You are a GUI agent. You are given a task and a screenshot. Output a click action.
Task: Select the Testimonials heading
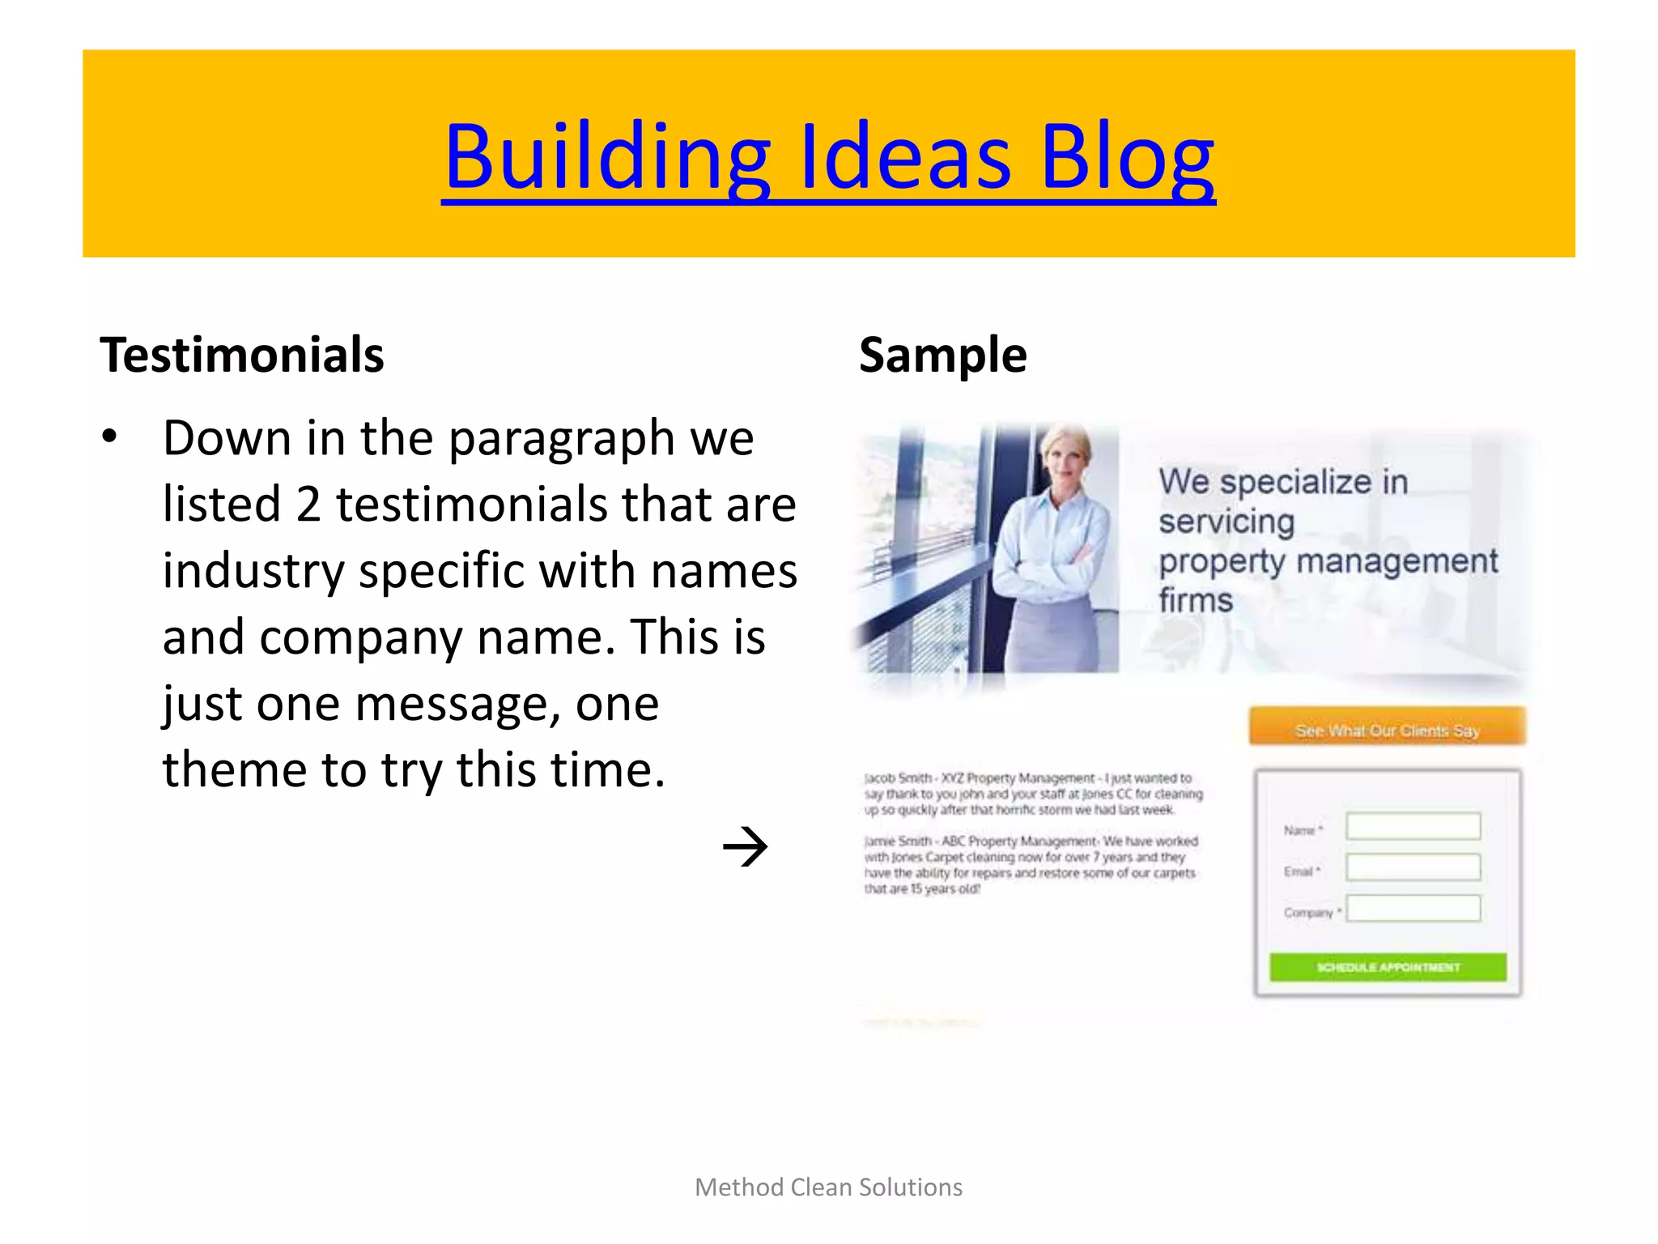click(x=241, y=355)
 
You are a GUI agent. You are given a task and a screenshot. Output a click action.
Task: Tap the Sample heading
click(x=942, y=355)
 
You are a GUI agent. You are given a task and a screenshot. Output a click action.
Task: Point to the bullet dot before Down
click(x=109, y=438)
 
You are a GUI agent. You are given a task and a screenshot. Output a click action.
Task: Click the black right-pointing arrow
click(x=745, y=847)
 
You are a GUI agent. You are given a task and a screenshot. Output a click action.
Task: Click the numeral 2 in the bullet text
click(x=308, y=505)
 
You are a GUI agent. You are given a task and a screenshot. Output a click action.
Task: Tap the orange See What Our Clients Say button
click(x=1387, y=726)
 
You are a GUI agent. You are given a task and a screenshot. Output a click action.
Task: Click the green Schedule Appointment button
click(x=1388, y=967)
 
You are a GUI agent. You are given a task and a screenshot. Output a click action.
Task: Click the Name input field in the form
click(x=1413, y=826)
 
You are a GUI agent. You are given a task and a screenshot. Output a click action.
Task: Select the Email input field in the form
click(x=1413, y=867)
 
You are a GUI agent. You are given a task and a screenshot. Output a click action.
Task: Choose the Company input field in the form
click(x=1413, y=909)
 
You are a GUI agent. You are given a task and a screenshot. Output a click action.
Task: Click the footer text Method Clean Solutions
click(x=828, y=1187)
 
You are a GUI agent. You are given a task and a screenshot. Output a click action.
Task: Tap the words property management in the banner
click(x=1328, y=560)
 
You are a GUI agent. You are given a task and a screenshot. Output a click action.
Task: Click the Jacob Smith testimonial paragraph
click(x=1032, y=794)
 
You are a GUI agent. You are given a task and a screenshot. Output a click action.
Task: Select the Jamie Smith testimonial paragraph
click(x=1030, y=865)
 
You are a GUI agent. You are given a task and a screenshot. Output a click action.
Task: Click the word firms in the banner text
click(x=1195, y=600)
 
